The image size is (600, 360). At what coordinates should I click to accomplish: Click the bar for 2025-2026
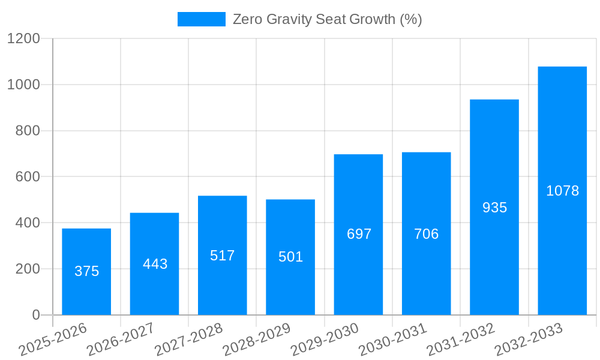pos(86,272)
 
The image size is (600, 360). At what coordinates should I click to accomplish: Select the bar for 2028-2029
pos(290,257)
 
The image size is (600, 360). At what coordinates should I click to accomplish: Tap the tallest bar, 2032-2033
pos(562,191)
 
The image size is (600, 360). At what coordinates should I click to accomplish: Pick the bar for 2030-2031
pos(426,234)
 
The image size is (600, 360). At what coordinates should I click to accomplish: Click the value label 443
pos(155,264)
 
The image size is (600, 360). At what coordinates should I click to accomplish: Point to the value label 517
pos(223,256)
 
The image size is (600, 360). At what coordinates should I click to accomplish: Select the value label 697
pos(359,234)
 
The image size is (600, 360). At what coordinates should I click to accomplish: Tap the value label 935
pos(494,208)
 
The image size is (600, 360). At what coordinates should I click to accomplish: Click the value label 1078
pos(562,191)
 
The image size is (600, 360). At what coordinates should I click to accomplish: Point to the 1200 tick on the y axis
pos(23,39)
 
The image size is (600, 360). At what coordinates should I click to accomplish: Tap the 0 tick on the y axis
pos(35,315)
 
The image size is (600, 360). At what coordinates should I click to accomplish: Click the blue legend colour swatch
pos(201,19)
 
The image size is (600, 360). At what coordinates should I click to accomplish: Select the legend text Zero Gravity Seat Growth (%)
pos(327,19)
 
